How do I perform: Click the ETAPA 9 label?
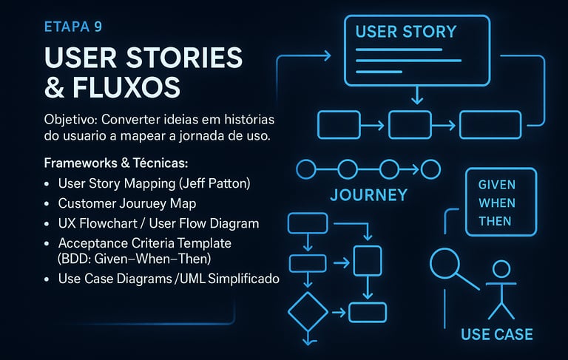pyautogui.click(x=73, y=27)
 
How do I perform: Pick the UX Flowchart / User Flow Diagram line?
pyautogui.click(x=158, y=223)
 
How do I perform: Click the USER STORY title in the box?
pyautogui.click(x=406, y=32)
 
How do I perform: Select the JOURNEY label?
pyautogui.click(x=368, y=195)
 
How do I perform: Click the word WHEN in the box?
pyautogui.click(x=497, y=203)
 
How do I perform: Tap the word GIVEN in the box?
pyautogui.click(x=497, y=185)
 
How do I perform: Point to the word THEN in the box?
pyautogui.click(x=496, y=220)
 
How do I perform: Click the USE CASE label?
pyautogui.click(x=497, y=334)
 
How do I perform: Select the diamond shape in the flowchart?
pyautogui.click(x=307, y=313)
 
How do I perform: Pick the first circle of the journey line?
pyautogui.click(x=305, y=169)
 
